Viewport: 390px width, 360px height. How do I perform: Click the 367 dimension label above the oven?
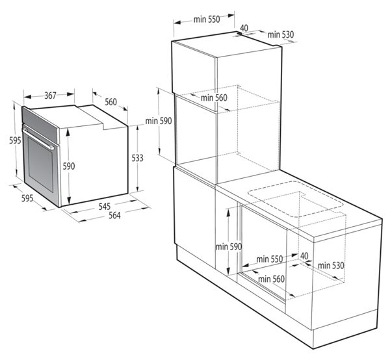coord(51,96)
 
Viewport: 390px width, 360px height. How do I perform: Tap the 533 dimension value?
coord(137,158)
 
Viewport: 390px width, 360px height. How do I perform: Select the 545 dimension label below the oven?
coord(105,207)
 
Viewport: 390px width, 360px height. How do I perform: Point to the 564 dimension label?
coord(114,215)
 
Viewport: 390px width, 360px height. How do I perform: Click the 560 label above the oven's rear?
coord(110,102)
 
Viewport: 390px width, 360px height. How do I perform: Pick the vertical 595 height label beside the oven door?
coord(15,141)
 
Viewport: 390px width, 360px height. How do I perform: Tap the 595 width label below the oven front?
coord(27,198)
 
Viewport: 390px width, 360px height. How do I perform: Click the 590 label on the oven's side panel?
coord(69,166)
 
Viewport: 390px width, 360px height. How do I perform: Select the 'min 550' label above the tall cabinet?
coord(207,19)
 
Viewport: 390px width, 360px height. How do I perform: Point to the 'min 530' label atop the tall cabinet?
coord(281,35)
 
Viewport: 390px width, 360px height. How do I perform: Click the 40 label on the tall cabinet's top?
coord(244,28)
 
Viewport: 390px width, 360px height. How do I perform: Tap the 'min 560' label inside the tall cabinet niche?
coord(214,97)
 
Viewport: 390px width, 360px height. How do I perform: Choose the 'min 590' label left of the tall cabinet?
coord(159,121)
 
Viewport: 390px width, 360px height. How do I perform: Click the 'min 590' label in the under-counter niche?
coord(229,247)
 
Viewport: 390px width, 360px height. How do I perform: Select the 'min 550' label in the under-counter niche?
coord(270,259)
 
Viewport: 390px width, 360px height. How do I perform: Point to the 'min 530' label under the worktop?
coord(331,266)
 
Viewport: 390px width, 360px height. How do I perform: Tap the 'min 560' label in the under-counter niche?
coord(271,279)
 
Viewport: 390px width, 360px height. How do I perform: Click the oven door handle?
coord(38,139)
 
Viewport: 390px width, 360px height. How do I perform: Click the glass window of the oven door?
coord(40,164)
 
